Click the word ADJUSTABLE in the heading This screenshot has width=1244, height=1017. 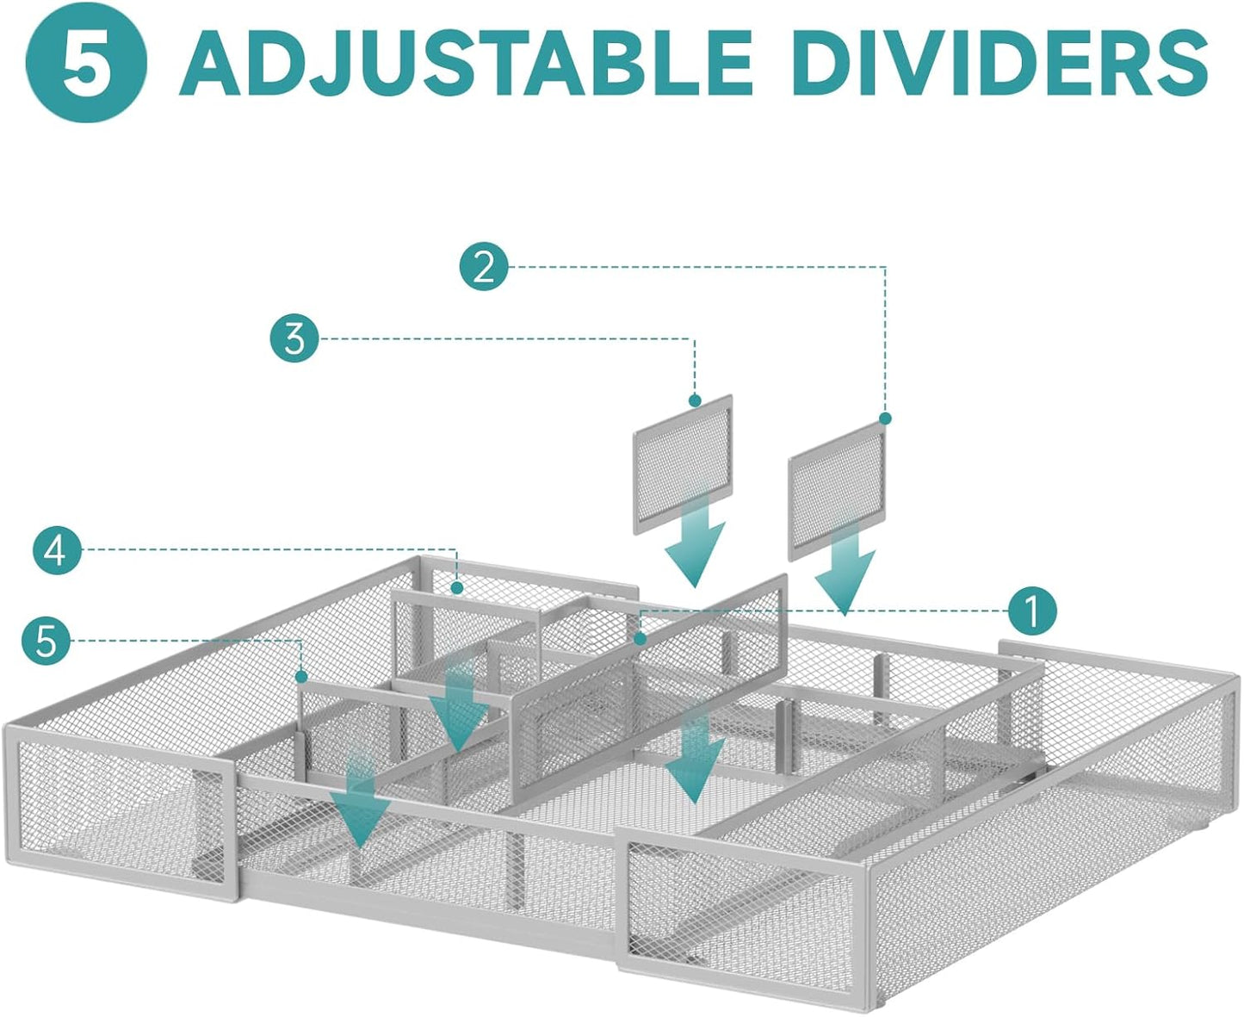[x=466, y=63]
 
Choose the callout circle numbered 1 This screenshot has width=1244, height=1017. [x=1031, y=611]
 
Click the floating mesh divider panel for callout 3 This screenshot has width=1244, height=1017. [x=683, y=464]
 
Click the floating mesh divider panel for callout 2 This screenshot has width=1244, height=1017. [x=837, y=490]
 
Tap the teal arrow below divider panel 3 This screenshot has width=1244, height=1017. [x=695, y=540]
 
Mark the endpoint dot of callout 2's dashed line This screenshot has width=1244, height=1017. [x=885, y=419]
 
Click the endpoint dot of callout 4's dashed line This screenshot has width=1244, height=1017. [x=456, y=587]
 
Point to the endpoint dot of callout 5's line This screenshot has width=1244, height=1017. [x=302, y=676]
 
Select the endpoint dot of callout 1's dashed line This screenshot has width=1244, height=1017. [x=639, y=638]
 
